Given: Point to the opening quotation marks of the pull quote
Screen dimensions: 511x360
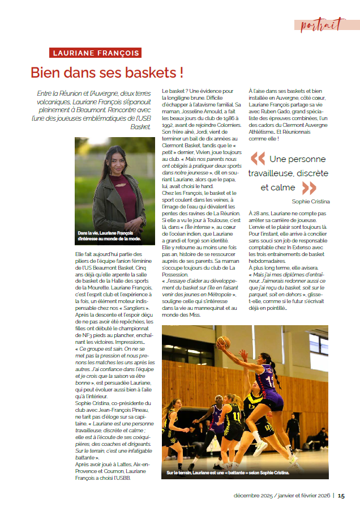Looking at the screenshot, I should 258,158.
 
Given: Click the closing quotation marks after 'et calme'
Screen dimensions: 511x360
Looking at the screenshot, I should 309,188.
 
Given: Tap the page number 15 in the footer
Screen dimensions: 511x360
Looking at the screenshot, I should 341,496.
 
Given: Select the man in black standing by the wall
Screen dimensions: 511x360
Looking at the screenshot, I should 293,432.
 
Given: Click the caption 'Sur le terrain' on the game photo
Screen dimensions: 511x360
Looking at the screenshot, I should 180,472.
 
